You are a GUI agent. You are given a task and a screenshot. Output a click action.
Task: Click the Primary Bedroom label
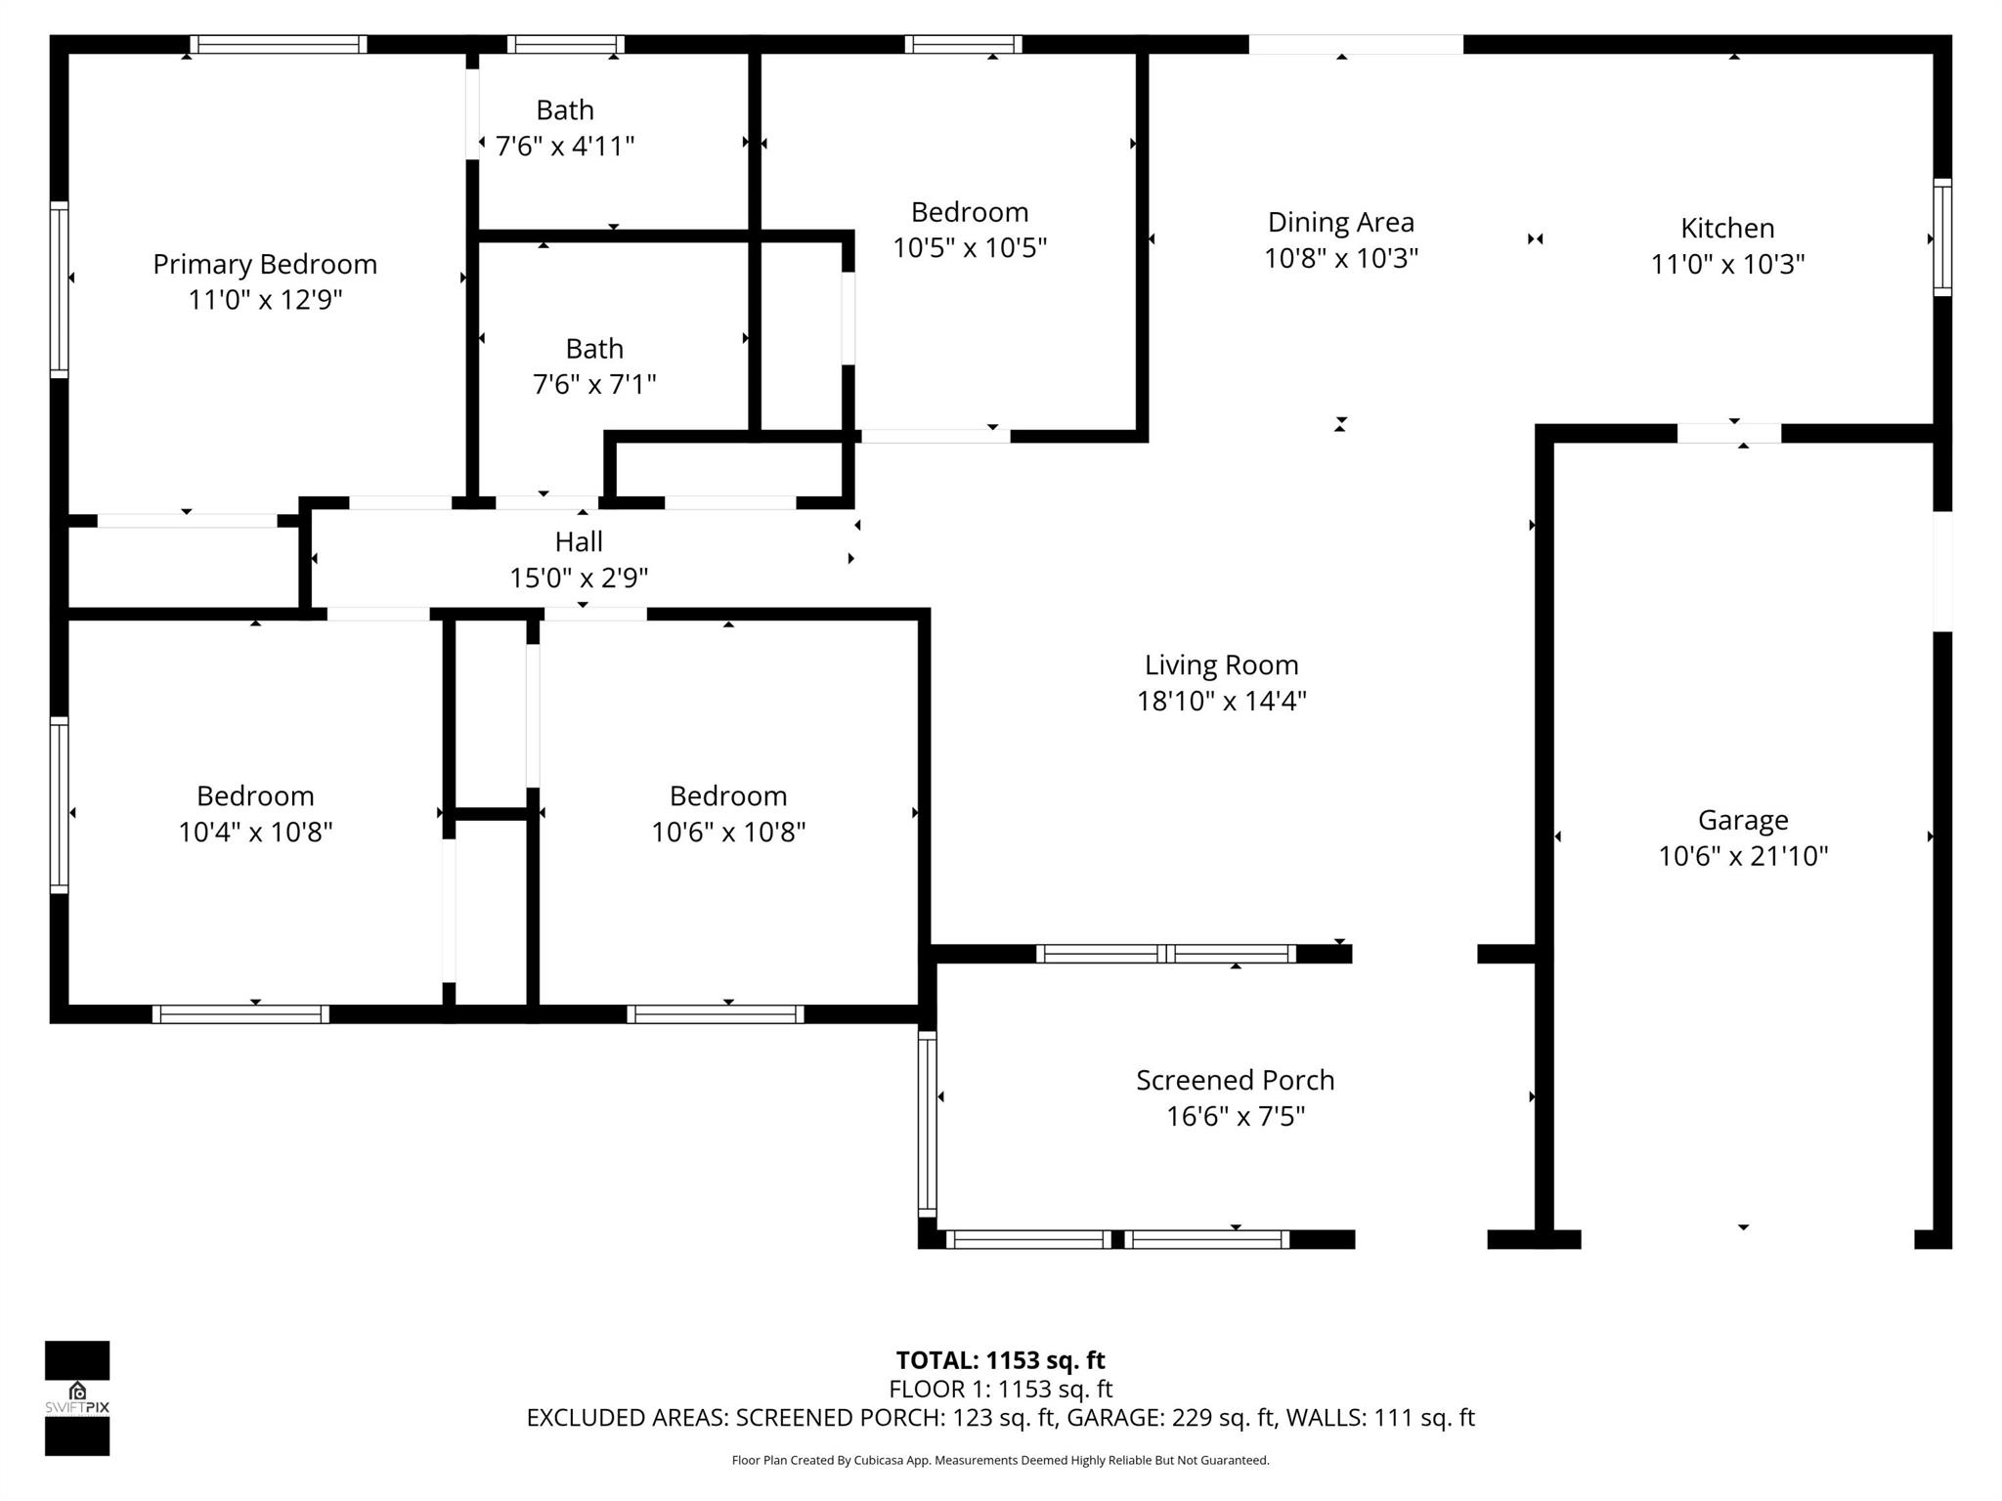pyautogui.click(x=265, y=264)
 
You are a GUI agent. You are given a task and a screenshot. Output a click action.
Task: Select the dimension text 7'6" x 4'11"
pyautogui.click(x=565, y=147)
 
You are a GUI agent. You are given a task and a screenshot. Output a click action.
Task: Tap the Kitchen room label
pyautogui.click(x=1727, y=228)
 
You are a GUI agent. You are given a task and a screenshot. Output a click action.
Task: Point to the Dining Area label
pyautogui.click(x=1340, y=222)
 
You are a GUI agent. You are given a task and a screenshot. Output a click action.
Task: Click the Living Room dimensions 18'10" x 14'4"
pyautogui.click(x=1221, y=701)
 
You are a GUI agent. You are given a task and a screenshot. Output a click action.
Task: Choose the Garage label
pyautogui.click(x=1743, y=820)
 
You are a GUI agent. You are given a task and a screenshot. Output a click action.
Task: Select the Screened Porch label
pyautogui.click(x=1235, y=1080)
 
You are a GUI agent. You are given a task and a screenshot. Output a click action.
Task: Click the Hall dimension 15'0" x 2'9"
pyautogui.click(x=579, y=578)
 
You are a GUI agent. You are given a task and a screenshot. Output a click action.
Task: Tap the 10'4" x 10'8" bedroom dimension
pyautogui.click(x=255, y=832)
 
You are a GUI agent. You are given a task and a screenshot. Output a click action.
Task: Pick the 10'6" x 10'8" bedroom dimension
pyautogui.click(x=728, y=832)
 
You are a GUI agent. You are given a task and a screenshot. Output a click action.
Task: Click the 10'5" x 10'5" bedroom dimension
pyautogui.click(x=969, y=248)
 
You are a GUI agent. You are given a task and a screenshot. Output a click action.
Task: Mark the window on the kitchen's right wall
pyautogui.click(x=1942, y=237)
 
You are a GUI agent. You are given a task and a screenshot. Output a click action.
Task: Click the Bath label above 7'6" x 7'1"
pyautogui.click(x=594, y=349)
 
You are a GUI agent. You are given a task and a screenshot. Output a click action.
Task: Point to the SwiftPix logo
pyautogui.click(x=77, y=1397)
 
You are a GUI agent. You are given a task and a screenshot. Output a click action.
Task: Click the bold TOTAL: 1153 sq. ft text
pyautogui.click(x=1000, y=1360)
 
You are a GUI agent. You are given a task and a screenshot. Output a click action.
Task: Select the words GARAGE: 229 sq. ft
pyautogui.click(x=1170, y=1417)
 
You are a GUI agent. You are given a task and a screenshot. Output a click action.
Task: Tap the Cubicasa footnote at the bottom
pyautogui.click(x=1000, y=1460)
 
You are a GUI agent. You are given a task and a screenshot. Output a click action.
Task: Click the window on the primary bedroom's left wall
pyautogui.click(x=60, y=289)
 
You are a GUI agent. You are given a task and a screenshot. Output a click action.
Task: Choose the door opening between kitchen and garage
pyautogui.click(x=1728, y=433)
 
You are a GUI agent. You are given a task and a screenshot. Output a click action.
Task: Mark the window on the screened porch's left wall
pyautogui.click(x=927, y=1124)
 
